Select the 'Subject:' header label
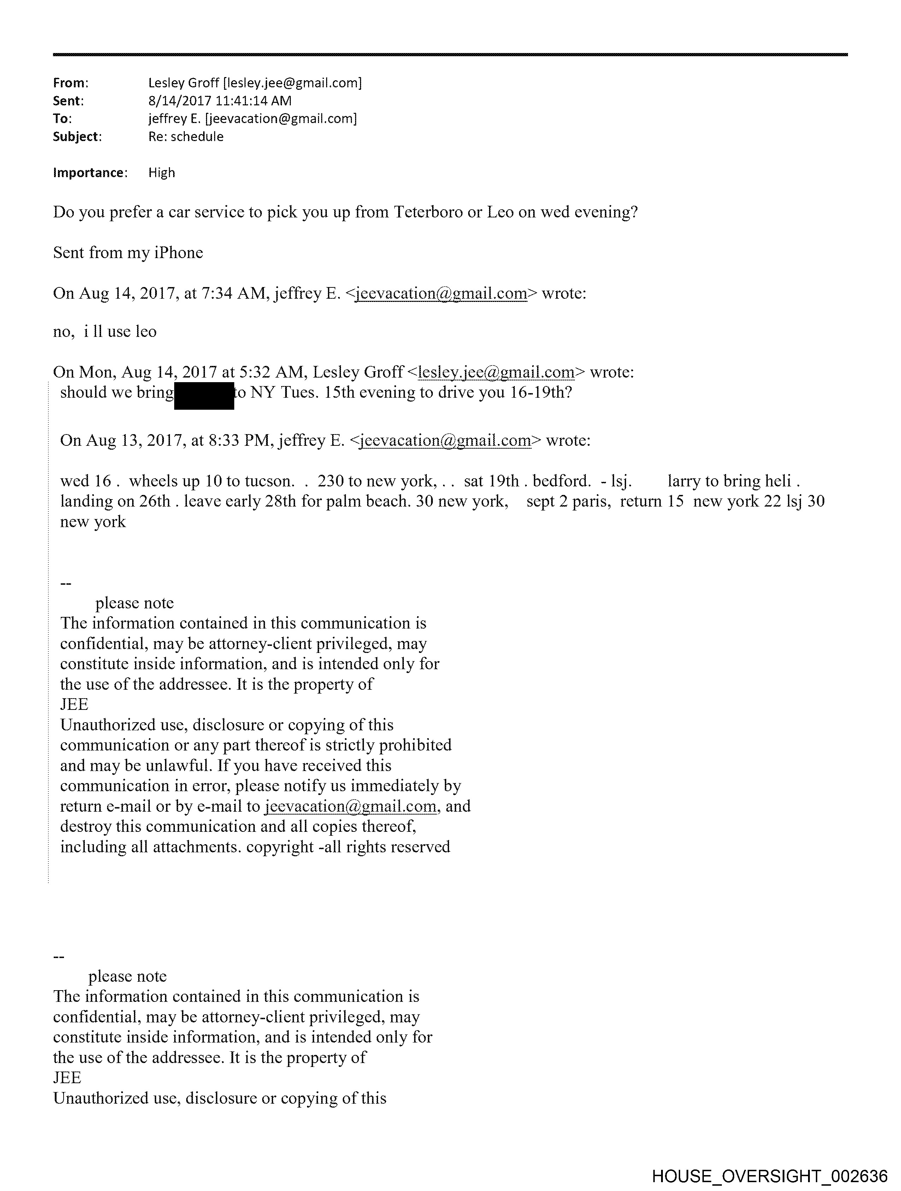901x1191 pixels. (77, 137)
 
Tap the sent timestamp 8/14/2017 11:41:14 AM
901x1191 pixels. (220, 101)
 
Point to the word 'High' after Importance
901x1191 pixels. (161, 173)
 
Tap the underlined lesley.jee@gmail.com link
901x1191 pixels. (496, 372)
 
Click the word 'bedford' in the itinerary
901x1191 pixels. (560, 481)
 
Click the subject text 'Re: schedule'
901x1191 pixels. (186, 137)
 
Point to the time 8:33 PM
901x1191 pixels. (240, 440)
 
